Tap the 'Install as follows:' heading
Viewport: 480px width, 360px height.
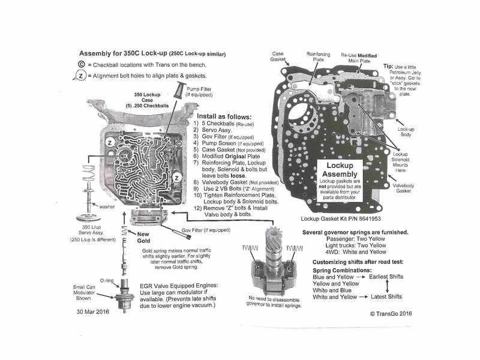225,116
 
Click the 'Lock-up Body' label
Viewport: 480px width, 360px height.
407,132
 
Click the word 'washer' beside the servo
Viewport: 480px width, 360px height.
108,206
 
